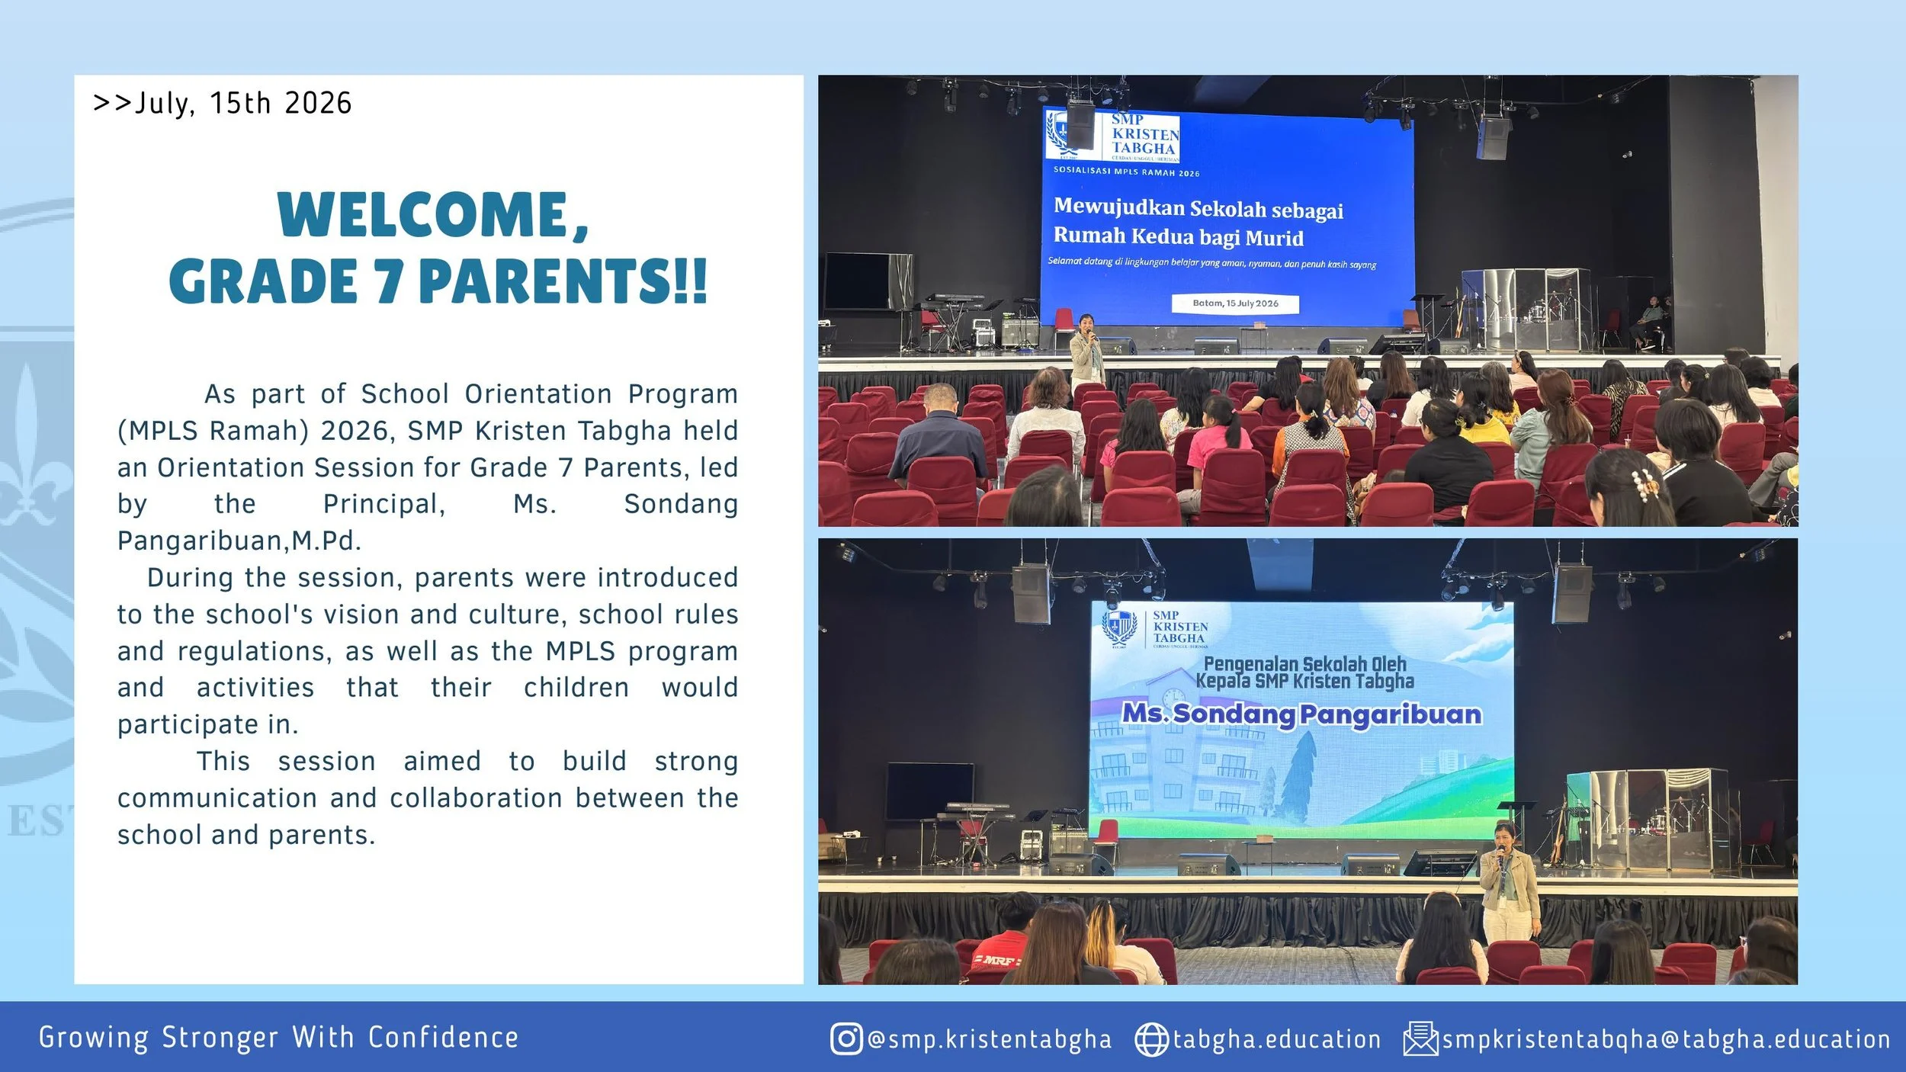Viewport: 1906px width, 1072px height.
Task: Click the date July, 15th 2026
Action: [x=243, y=104]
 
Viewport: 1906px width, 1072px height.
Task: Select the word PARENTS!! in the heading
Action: [x=563, y=281]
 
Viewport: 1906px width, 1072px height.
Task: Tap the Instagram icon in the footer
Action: [x=846, y=1038]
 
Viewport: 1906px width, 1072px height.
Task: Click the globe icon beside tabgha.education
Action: [x=1151, y=1039]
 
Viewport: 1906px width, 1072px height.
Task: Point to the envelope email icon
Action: [x=1420, y=1038]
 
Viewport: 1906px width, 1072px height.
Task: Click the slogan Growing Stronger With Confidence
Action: [x=279, y=1038]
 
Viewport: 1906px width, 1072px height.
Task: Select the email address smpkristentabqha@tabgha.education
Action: [x=1667, y=1039]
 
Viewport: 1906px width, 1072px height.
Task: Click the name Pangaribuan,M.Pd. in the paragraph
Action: [x=239, y=541]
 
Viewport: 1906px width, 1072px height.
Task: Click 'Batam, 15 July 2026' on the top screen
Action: [x=1235, y=303]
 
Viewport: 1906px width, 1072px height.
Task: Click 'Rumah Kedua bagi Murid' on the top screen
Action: [x=1179, y=236]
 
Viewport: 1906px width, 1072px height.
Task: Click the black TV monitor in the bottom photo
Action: [x=929, y=791]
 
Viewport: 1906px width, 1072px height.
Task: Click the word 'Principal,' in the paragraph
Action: [x=384, y=504]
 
